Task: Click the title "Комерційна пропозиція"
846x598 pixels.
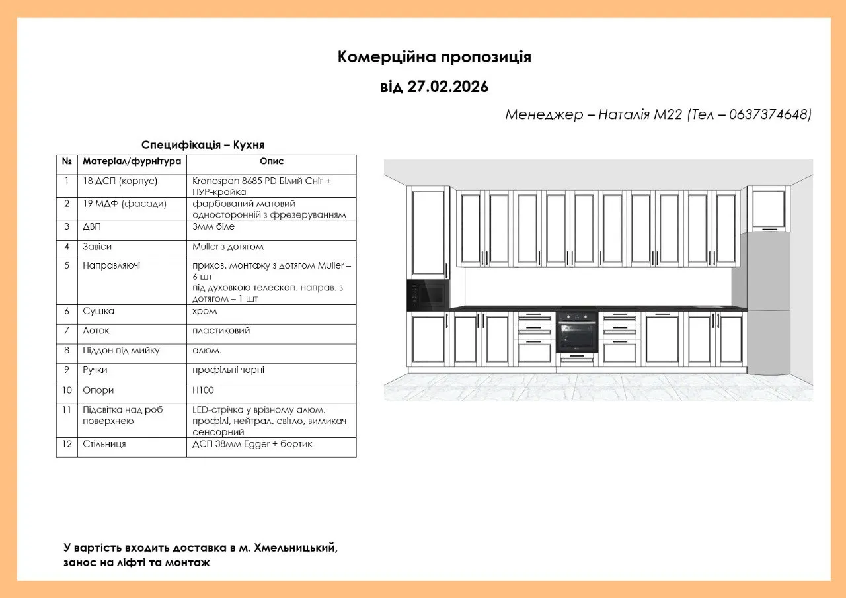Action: [434, 57]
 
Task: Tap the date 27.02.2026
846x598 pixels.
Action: [447, 87]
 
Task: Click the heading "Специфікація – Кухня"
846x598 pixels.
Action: [203, 145]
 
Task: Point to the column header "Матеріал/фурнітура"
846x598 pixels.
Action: [132, 161]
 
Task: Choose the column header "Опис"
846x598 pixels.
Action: [272, 161]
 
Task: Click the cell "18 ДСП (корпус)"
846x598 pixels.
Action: [120, 181]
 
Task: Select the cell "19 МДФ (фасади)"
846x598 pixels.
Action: [124, 204]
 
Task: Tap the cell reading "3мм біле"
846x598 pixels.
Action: [213, 226]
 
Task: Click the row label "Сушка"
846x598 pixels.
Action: [98, 311]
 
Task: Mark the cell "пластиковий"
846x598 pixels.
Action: [221, 331]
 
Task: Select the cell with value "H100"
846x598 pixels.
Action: [203, 390]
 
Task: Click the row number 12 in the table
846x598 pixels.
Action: [67, 444]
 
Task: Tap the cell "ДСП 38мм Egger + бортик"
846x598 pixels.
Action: [252, 444]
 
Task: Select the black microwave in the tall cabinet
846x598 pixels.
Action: [428, 295]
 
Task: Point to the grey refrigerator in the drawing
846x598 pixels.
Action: [767, 304]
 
